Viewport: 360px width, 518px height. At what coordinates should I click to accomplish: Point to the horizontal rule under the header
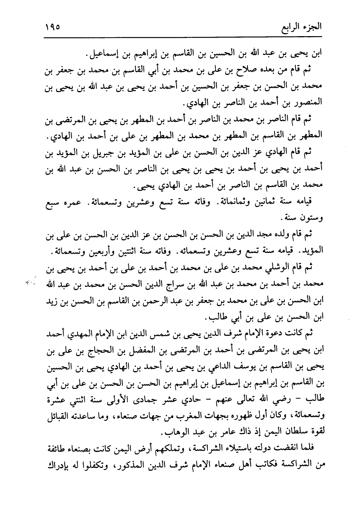pyautogui.click(x=185, y=37)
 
